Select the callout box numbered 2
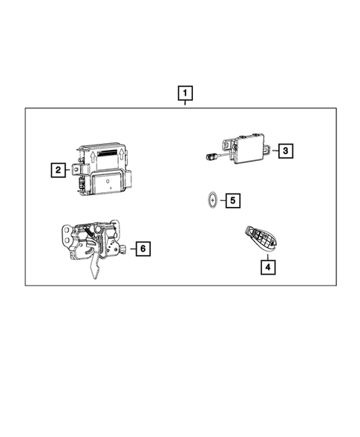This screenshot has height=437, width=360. pyautogui.click(x=56, y=171)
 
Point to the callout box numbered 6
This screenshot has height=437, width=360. pyautogui.click(x=143, y=249)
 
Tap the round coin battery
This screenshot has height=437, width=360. pyautogui.click(x=212, y=200)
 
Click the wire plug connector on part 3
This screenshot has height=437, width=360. pyautogui.click(x=212, y=156)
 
